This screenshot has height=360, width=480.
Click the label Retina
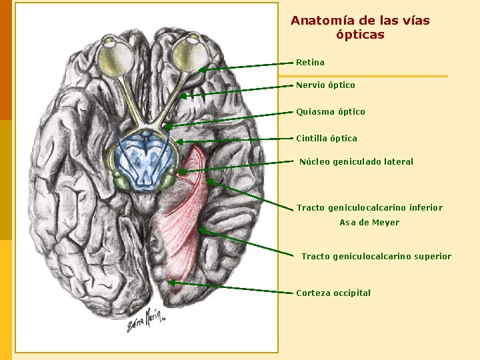tap(310, 63)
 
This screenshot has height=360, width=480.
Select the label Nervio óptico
tap(325, 85)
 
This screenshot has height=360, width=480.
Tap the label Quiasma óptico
tap(331, 112)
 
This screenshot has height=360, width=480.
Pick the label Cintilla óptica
tap(327, 139)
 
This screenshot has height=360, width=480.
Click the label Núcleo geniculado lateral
tap(356, 162)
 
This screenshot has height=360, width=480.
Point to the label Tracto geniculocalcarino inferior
tap(369, 208)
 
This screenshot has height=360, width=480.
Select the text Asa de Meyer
tap(369, 223)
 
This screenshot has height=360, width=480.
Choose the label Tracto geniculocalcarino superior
tap(376, 257)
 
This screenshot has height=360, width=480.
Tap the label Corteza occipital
tap(333, 293)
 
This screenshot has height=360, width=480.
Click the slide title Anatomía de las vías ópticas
tap(360, 27)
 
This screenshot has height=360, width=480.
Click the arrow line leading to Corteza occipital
tap(233, 288)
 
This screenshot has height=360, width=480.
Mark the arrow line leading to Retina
tap(247, 66)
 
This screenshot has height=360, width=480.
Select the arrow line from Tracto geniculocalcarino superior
tap(247, 243)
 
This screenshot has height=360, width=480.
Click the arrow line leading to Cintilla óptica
tap(237, 139)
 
